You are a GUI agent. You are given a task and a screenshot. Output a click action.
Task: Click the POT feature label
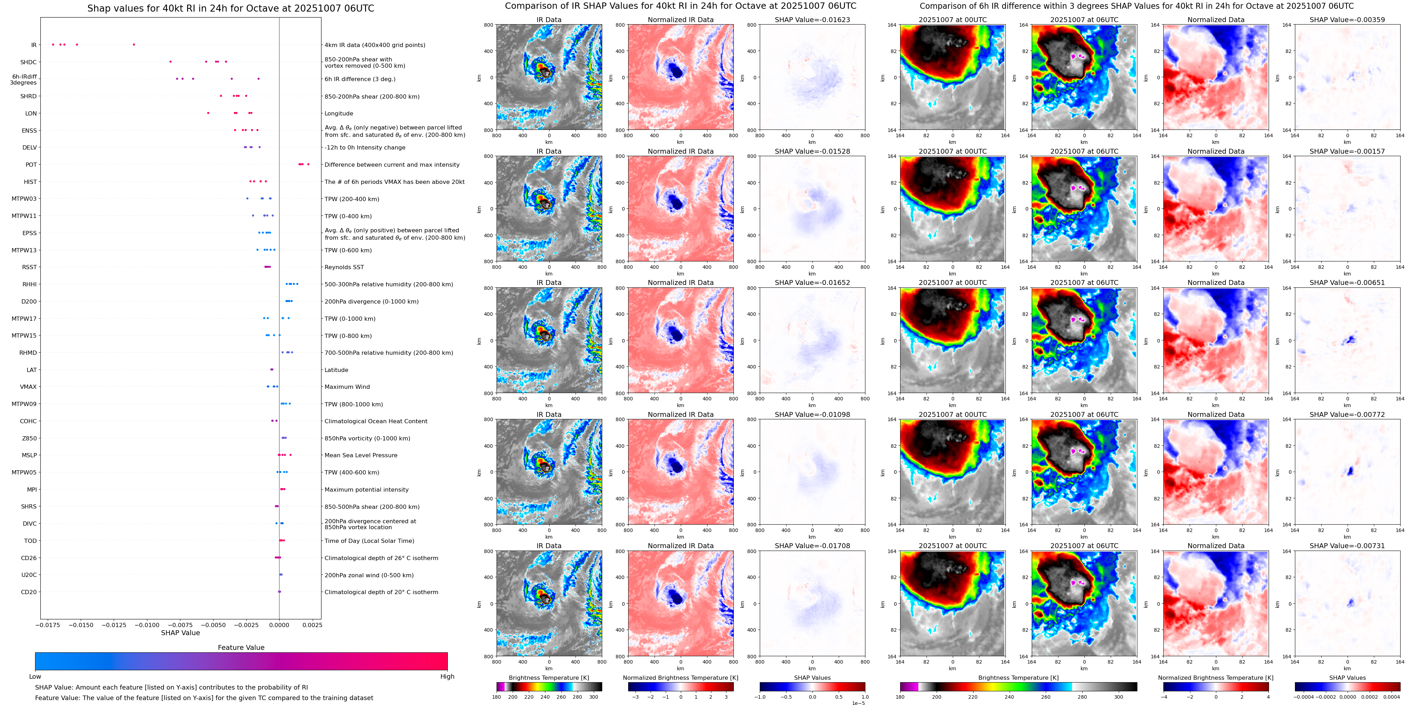pyautogui.click(x=31, y=165)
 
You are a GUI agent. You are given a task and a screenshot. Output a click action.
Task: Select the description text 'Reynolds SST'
pyautogui.click(x=344, y=267)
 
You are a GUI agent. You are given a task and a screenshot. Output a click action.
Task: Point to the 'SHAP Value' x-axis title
pyautogui.click(x=180, y=633)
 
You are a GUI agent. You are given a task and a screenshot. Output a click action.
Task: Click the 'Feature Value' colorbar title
pyautogui.click(x=241, y=647)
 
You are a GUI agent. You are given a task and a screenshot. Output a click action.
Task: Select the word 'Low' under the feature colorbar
pyautogui.click(x=35, y=677)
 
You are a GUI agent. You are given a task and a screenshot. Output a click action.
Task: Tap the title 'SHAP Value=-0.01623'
pyautogui.click(x=812, y=20)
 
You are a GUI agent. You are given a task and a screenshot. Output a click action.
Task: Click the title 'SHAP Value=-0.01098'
pyautogui.click(x=812, y=414)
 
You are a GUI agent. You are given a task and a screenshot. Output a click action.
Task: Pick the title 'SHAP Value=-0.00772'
pyautogui.click(x=1347, y=414)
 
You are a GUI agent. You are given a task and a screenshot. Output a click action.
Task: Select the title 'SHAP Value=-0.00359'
pyautogui.click(x=1347, y=20)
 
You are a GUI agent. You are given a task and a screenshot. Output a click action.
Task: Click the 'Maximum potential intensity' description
pyautogui.click(x=366, y=490)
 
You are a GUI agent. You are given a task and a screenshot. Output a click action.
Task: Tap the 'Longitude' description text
pyautogui.click(x=339, y=114)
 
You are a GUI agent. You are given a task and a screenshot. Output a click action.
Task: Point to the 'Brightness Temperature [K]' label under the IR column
pyautogui.click(x=549, y=678)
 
